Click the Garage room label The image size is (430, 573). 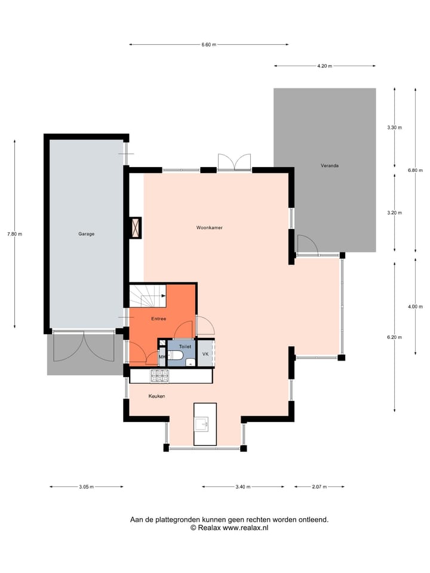pos(86,234)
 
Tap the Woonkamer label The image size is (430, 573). pos(210,228)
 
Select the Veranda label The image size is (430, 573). pos(329,165)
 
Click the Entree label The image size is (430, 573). pos(158,319)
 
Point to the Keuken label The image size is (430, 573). pos(156,396)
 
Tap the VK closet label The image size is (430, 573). pos(205,354)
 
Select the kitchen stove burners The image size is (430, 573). pos(159,376)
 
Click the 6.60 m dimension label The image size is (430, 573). pos(208,45)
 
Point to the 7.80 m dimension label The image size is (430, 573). pos(14,234)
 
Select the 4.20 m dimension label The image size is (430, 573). pos(324,66)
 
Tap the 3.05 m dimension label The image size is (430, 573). pos(86,487)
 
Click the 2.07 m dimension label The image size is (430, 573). pos(320,487)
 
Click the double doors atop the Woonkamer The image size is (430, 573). pos(234,162)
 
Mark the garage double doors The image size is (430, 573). pos(84,348)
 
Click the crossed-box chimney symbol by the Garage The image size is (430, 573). pos(135,227)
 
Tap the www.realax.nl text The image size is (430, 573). pos(245,528)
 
